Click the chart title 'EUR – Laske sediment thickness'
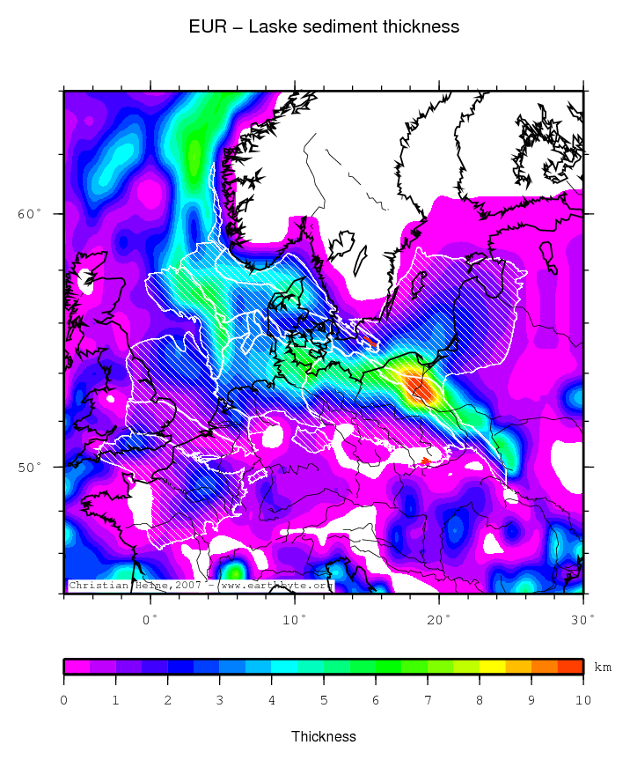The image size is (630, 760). click(x=324, y=26)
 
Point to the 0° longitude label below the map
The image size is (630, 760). click(x=150, y=619)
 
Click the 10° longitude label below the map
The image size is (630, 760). click(x=295, y=619)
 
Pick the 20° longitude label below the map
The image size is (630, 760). click(x=439, y=619)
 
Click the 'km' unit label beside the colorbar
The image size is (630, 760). click(x=603, y=668)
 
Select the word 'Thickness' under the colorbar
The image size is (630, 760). click(x=324, y=736)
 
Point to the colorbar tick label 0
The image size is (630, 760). click(x=64, y=700)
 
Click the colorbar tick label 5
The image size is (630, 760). click(x=324, y=700)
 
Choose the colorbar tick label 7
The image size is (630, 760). click(x=428, y=700)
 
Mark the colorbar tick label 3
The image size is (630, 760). click(x=220, y=700)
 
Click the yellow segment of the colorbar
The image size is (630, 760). click(x=493, y=667)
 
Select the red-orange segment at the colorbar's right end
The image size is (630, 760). click(x=570, y=667)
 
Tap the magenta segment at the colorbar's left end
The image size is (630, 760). click(x=77, y=667)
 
